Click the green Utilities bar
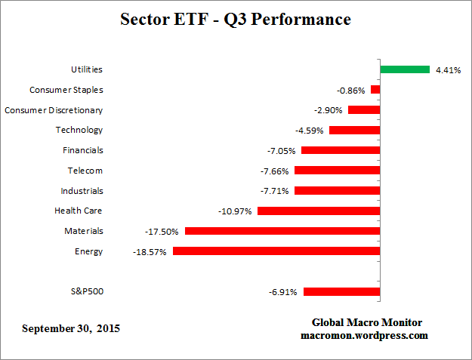point(404,69)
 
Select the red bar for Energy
point(276,251)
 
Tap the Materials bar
point(282,231)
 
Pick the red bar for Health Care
point(318,211)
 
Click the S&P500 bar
point(341,291)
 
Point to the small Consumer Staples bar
point(375,90)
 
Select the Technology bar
point(354,130)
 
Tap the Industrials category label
point(82,191)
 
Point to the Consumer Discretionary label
point(54,110)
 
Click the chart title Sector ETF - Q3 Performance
point(236,20)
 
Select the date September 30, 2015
point(70,328)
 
